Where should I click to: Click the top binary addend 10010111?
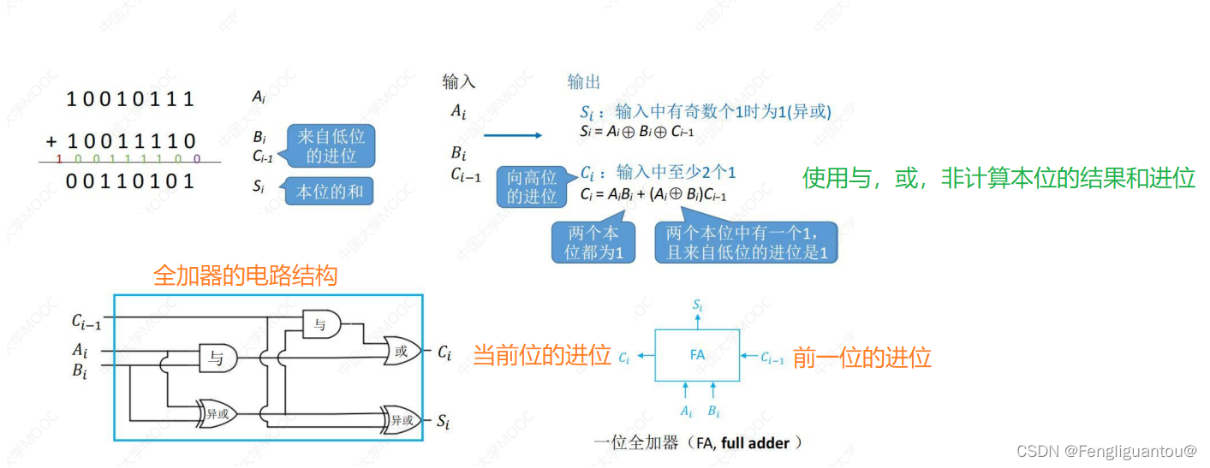(131, 99)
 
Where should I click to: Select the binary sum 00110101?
(131, 181)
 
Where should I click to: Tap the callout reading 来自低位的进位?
(330, 146)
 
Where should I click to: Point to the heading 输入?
(458, 82)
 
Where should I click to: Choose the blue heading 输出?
(584, 82)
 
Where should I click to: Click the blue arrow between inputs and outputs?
(512, 135)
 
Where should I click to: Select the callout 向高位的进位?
(531, 187)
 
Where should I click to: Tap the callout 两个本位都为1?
(593, 242)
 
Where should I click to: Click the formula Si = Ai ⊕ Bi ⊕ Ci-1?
(636, 132)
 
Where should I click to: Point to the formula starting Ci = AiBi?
(653, 194)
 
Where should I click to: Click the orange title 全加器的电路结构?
(245, 275)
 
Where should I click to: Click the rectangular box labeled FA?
(697, 355)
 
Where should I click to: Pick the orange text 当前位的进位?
(541, 356)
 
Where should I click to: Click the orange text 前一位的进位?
(861, 358)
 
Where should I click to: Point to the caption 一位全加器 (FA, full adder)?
(698, 442)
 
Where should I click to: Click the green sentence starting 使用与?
(998, 178)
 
